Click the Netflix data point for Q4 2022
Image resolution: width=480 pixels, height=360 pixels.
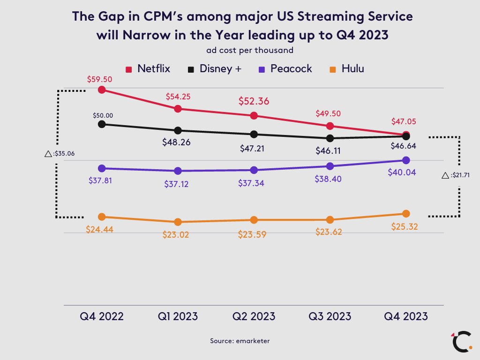[x=102, y=90]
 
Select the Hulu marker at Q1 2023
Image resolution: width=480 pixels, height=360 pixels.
[x=178, y=222]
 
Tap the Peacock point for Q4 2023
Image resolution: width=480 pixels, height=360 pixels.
[x=406, y=160]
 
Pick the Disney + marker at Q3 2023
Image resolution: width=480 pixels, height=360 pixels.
[x=330, y=138]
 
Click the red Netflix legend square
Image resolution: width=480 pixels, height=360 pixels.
[x=128, y=69]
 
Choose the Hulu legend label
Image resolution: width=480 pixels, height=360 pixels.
[x=352, y=69]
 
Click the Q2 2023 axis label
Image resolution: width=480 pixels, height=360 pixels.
[x=254, y=316]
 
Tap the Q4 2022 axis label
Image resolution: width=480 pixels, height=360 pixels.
[x=102, y=316]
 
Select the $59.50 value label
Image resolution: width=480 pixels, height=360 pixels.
[x=99, y=79]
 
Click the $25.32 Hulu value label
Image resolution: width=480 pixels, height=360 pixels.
[x=405, y=227]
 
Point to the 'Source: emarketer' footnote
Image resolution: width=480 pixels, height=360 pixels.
[x=240, y=341]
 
